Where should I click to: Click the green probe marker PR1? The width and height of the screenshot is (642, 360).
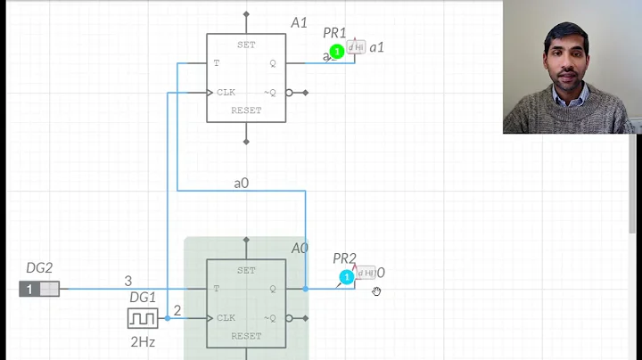tap(336, 52)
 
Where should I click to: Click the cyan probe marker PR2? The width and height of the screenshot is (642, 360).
tap(347, 277)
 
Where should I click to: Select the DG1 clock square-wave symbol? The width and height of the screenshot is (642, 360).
tap(143, 317)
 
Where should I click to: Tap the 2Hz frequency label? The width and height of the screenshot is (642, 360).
tap(143, 340)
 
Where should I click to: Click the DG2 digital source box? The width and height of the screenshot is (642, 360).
tap(39, 289)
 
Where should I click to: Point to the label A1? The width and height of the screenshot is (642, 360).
tap(299, 22)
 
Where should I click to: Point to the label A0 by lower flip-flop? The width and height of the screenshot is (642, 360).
tap(300, 248)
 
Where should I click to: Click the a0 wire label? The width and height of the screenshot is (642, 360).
tap(241, 183)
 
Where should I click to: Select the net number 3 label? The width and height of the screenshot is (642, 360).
tap(128, 281)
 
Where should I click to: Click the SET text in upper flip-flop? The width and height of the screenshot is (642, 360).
tap(247, 45)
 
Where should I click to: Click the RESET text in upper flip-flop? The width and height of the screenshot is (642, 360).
tap(247, 110)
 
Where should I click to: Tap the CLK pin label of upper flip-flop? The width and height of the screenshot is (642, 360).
tap(225, 92)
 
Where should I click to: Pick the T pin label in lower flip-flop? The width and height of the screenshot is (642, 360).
tap(216, 289)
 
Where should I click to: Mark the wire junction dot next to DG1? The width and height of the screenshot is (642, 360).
tap(168, 317)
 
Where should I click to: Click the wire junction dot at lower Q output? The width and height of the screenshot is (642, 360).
tap(305, 289)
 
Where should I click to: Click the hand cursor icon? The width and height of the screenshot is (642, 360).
tap(377, 290)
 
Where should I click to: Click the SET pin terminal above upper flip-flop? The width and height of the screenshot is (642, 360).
tap(247, 15)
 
